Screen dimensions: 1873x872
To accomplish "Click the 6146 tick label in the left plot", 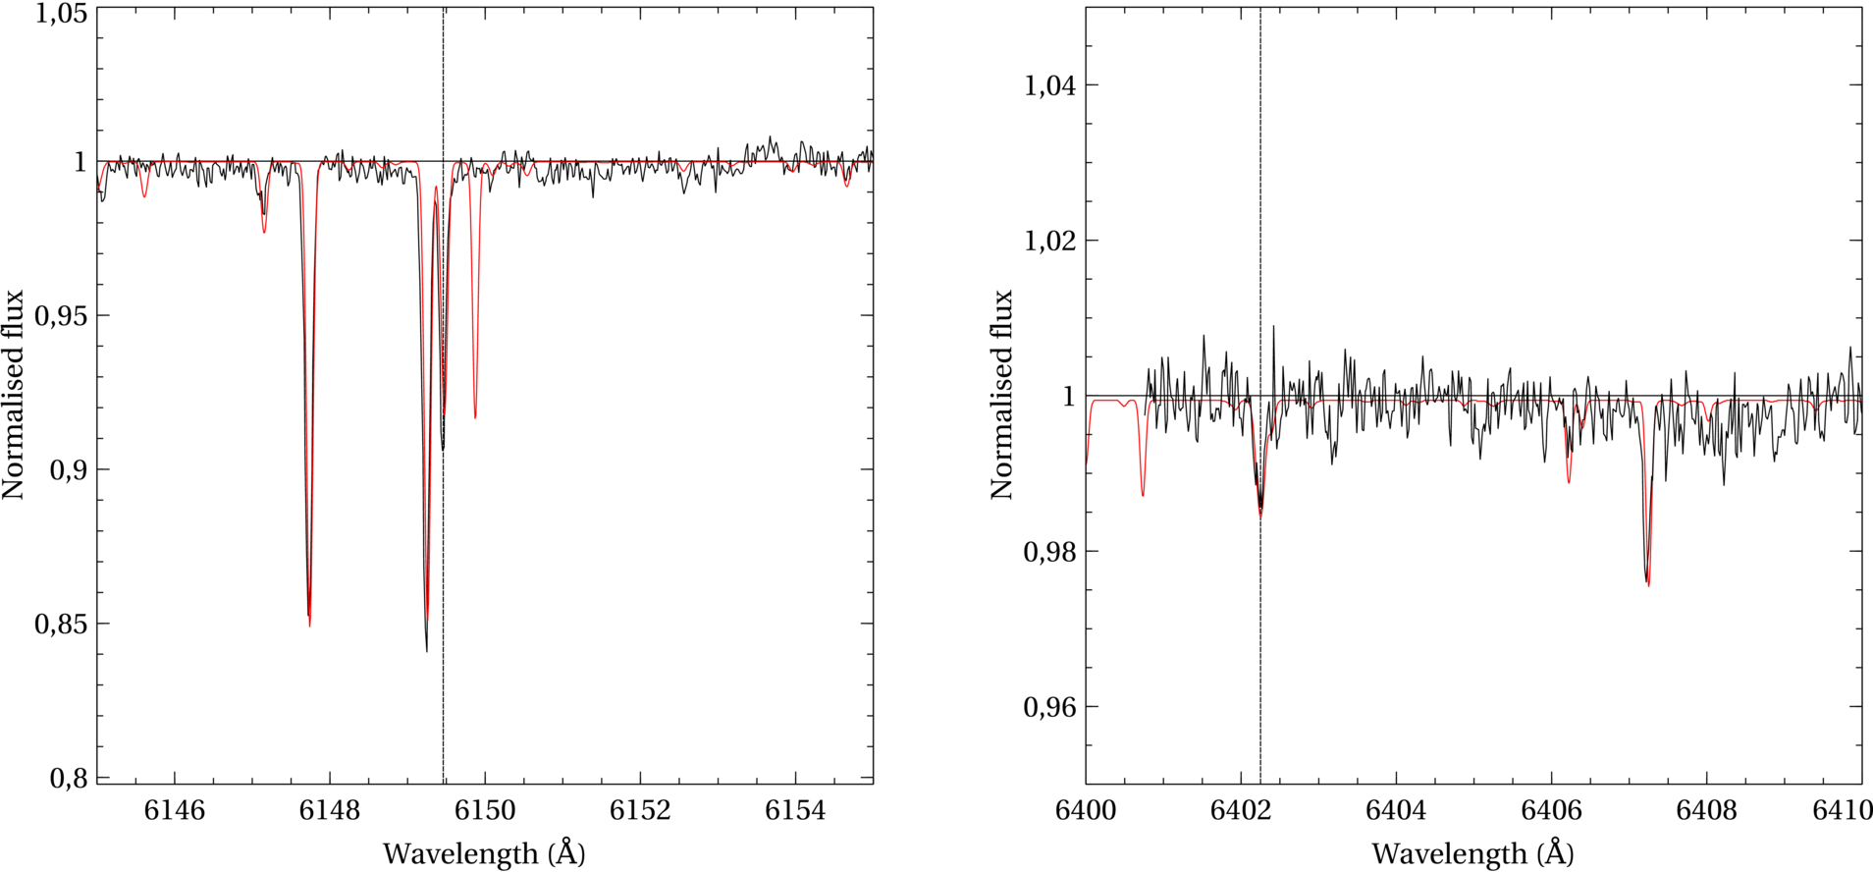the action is click(x=175, y=811).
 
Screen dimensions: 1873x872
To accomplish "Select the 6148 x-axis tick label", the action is click(x=330, y=811).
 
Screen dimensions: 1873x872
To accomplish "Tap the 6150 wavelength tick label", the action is click(x=485, y=811).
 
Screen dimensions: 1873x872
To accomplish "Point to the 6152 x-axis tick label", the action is click(x=640, y=811).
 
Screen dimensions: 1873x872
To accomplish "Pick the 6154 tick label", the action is click(x=795, y=811).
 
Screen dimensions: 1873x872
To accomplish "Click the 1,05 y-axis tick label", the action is click(x=61, y=15).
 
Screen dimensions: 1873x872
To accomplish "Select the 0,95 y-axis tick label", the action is click(x=61, y=316).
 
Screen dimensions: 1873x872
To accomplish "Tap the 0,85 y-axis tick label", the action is click(x=61, y=624).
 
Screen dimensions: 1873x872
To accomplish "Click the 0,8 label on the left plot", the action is click(x=69, y=778).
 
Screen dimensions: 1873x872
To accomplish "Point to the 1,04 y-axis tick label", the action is click(x=1049, y=85).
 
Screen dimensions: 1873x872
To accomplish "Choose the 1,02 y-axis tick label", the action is click(x=1049, y=241).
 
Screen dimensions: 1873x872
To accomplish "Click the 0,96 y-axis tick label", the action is click(x=1049, y=707).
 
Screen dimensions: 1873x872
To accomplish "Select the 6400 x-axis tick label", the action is click(x=1085, y=811).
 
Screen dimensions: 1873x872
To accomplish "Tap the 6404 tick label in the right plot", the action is click(x=1396, y=811).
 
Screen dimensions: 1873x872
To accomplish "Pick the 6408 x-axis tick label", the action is click(x=1706, y=811).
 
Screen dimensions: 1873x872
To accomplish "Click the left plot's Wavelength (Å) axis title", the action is click(x=484, y=853).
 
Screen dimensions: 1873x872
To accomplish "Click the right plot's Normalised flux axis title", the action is click(x=1001, y=395).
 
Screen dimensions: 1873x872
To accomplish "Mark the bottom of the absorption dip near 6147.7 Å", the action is click(x=309, y=626).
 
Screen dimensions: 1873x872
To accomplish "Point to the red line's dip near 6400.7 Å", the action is click(x=1143, y=495).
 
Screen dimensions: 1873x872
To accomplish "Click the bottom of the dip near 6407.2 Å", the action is click(x=1648, y=585).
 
